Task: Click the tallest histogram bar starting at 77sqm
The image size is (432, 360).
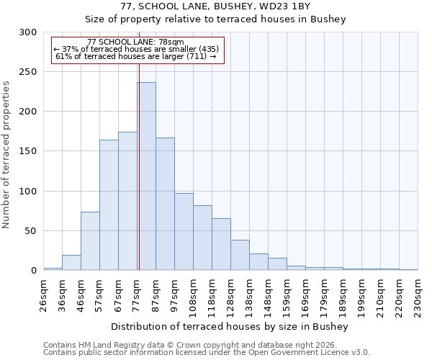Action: click(146, 176)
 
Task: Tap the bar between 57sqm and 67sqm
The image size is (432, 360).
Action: click(109, 205)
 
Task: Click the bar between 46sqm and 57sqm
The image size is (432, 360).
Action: click(90, 241)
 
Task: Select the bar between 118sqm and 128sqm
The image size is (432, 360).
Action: click(221, 244)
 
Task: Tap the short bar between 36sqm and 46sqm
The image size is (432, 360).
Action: click(71, 263)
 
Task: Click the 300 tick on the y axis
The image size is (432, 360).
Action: click(28, 32)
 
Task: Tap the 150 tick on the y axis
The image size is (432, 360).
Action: click(28, 151)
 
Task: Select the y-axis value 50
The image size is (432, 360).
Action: click(31, 231)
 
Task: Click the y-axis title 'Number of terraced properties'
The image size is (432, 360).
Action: click(6, 155)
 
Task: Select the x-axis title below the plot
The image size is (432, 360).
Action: click(230, 327)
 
